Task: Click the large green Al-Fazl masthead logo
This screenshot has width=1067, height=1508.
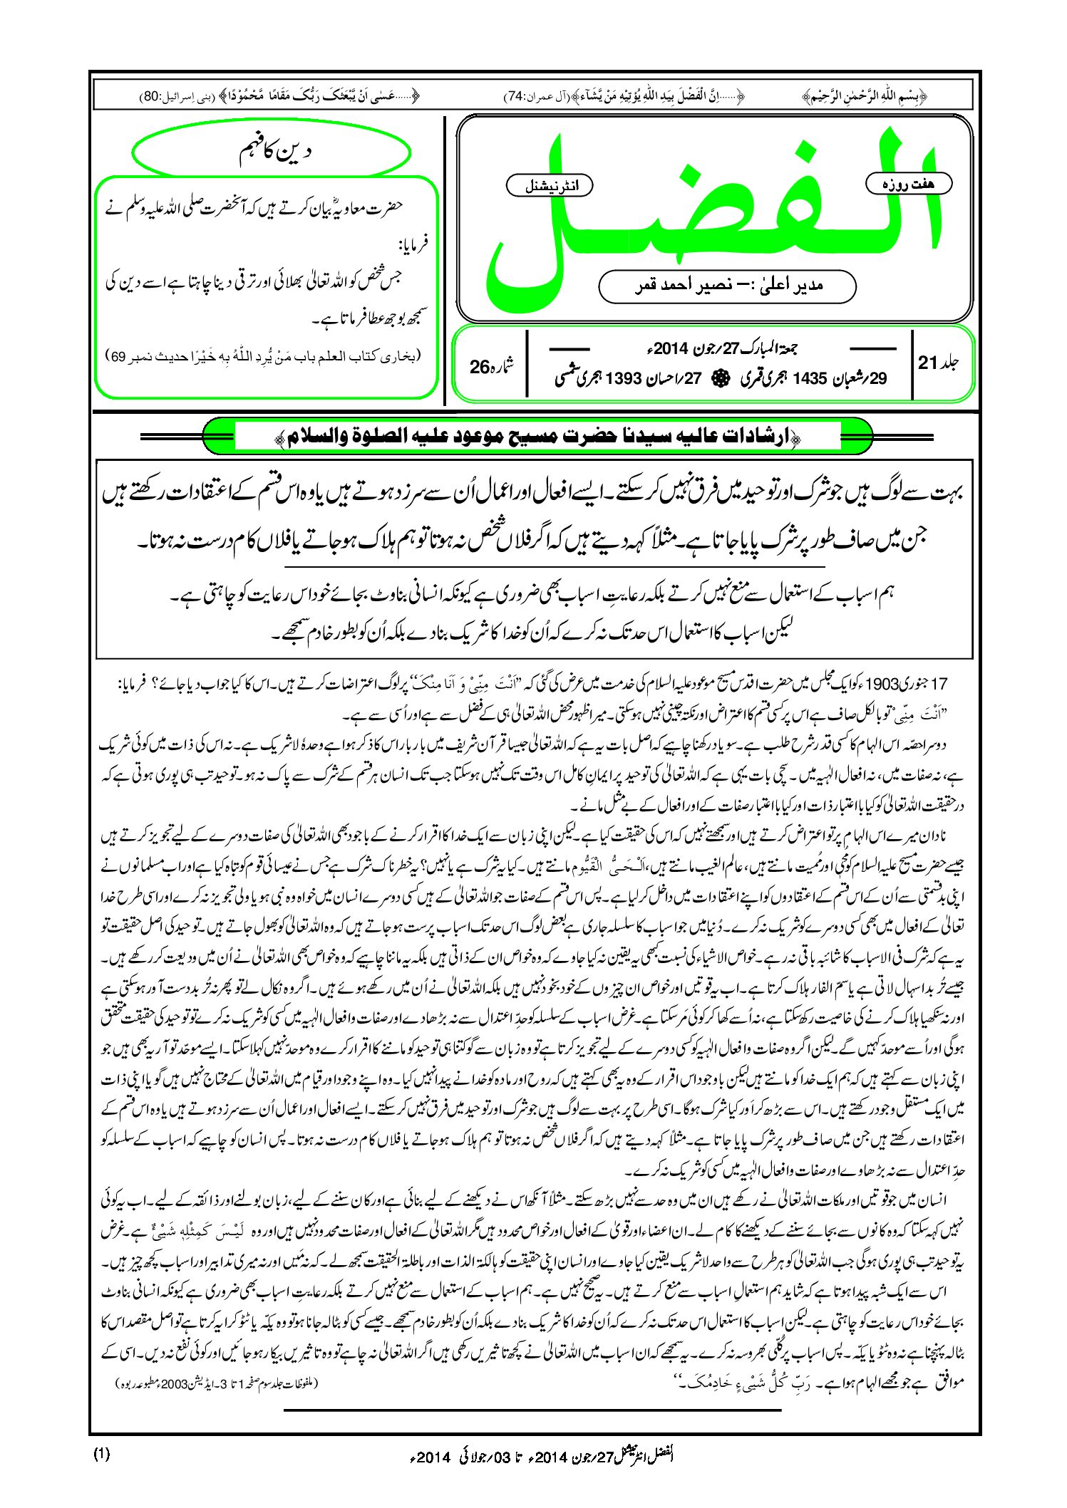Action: pos(713,214)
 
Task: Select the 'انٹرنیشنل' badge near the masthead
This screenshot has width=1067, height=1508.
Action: pos(550,186)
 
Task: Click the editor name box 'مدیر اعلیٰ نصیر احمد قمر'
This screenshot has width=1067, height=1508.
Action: pos(727,286)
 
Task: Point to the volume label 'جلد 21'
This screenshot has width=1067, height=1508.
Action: pos(938,363)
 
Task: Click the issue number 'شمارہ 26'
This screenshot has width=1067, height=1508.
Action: pos(492,366)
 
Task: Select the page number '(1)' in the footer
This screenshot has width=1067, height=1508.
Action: pos(102,1455)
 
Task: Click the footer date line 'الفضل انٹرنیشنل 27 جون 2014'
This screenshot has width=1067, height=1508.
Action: pos(542,1457)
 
